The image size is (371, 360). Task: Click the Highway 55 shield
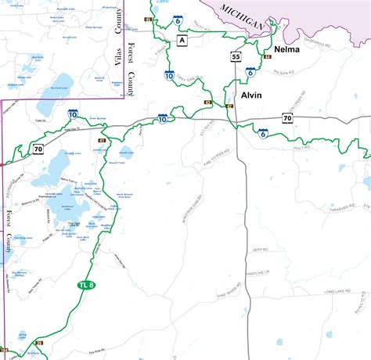236,56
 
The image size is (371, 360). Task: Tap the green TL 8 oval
87,285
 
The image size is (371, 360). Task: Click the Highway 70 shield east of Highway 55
287,118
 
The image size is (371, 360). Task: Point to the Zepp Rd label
261,250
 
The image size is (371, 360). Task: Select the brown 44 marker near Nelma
268,57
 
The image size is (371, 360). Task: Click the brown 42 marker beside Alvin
229,106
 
